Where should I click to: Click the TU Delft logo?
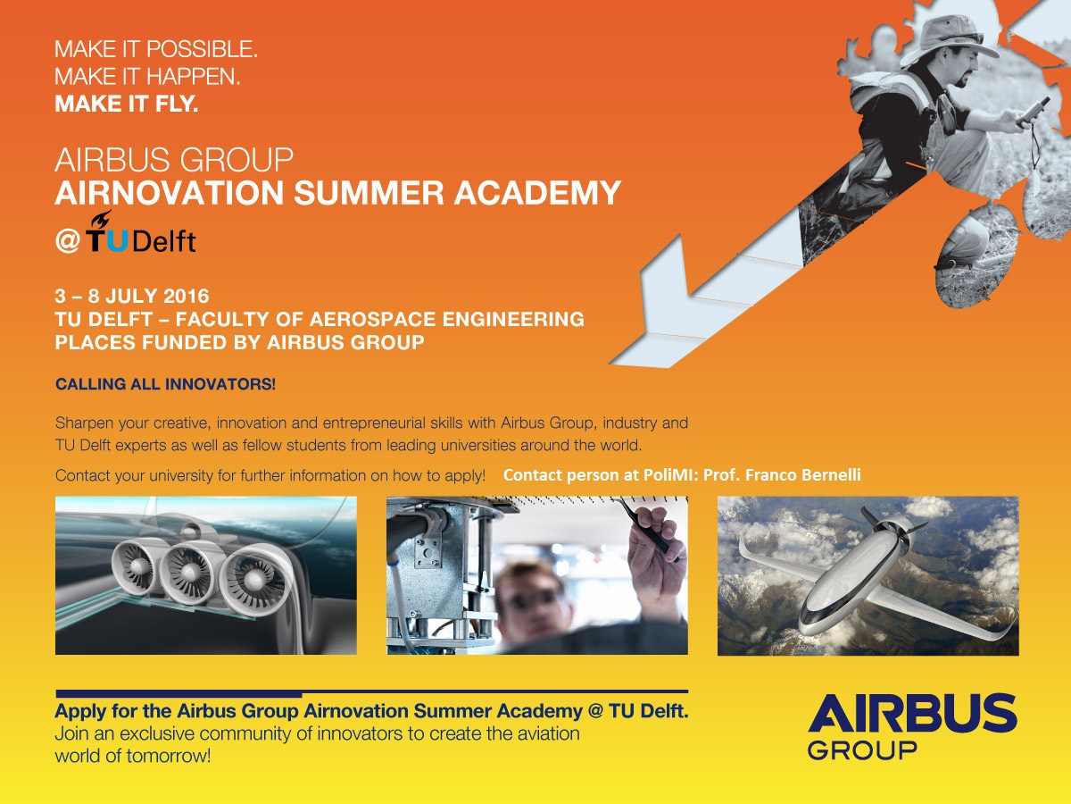pos(141,232)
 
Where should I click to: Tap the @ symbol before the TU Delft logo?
pos(67,241)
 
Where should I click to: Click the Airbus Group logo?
pos(912,727)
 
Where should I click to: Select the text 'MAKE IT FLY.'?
pos(127,104)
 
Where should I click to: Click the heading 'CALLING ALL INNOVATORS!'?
pos(165,384)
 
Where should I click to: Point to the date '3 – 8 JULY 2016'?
pos(132,297)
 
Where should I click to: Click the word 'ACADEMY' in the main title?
pos(537,193)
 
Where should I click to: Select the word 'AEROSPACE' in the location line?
pos(372,319)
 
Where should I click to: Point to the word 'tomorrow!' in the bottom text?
pos(169,756)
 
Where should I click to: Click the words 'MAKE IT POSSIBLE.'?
pos(156,49)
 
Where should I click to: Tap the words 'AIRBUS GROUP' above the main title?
pos(174,160)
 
